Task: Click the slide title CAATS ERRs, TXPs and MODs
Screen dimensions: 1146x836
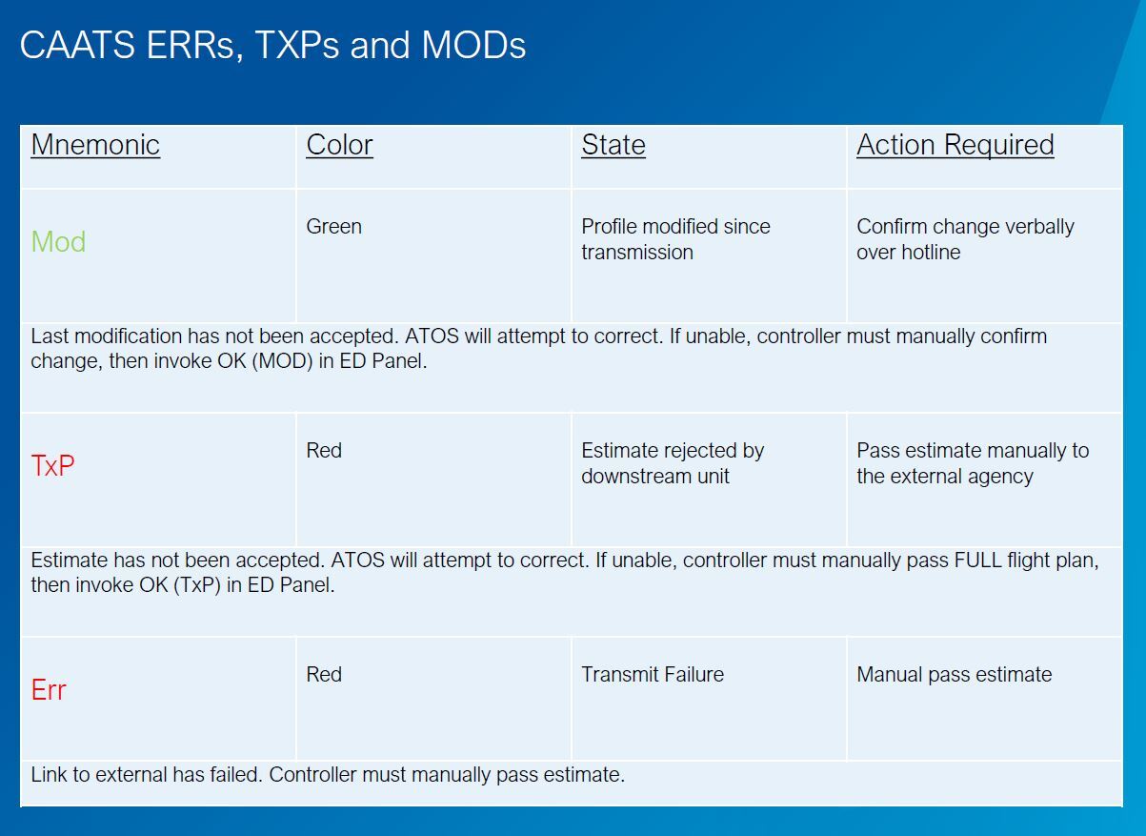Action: [272, 45]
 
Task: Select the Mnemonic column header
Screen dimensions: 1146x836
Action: [95, 144]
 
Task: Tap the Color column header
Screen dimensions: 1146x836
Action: [340, 144]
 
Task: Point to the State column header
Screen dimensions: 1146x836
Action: [613, 144]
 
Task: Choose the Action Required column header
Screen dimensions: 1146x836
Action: [955, 146]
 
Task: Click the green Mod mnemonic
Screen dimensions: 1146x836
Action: [58, 241]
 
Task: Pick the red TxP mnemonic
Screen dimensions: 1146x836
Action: [52, 465]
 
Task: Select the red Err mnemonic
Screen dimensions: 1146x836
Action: [49, 689]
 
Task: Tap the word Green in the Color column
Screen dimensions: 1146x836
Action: [334, 226]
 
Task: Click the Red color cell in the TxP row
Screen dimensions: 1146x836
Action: [324, 451]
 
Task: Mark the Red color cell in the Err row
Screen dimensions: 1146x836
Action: [324, 674]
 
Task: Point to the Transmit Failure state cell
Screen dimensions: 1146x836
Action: [653, 674]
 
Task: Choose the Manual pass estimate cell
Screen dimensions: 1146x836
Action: [955, 675]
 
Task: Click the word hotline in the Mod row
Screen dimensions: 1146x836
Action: [931, 252]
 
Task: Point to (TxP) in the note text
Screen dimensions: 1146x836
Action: [197, 585]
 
